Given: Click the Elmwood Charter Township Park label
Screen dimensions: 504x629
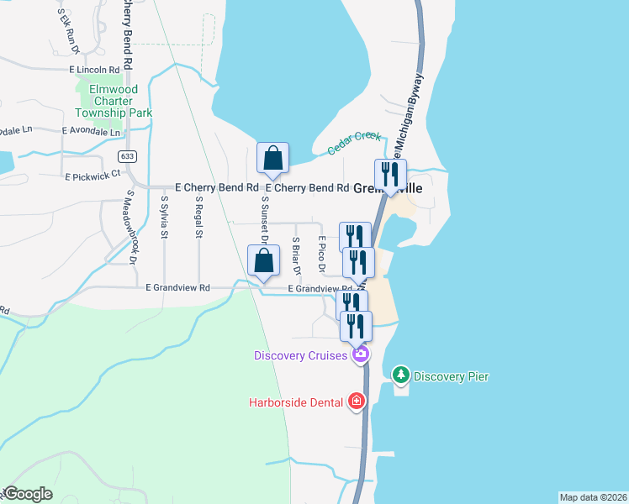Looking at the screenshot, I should [113, 99].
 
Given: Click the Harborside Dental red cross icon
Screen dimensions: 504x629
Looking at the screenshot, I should [357, 402].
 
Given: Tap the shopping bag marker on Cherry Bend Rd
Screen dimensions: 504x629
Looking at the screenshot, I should [273, 158].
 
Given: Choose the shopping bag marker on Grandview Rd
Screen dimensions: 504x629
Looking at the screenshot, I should [263, 260].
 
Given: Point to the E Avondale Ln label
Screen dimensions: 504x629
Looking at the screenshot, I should [92, 132].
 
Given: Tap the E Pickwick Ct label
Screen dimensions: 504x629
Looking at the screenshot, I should [92, 176].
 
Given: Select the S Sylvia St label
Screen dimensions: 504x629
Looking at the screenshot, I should [164, 218].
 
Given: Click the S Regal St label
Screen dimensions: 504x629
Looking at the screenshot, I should [199, 218].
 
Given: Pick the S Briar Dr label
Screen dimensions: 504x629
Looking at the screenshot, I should [296, 256].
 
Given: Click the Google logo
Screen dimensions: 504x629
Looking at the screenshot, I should [28, 494].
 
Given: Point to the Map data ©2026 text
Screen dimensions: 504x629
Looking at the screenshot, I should [593, 497].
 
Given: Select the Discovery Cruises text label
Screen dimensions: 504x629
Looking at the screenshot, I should [301, 355].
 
